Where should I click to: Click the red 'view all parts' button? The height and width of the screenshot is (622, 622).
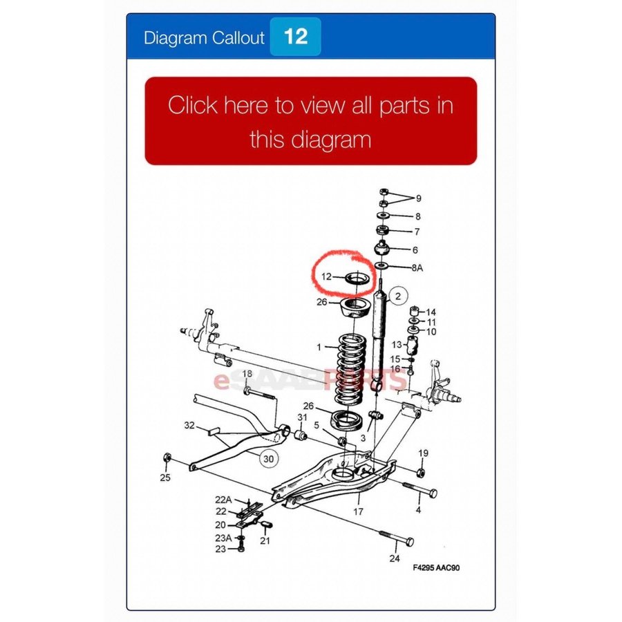pyautogui.click(x=310, y=121)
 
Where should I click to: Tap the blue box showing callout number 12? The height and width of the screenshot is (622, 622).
pyautogui.click(x=295, y=37)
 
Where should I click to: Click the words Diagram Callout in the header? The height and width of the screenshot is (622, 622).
pyautogui.click(x=204, y=38)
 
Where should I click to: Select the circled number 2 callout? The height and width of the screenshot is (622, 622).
pyautogui.click(x=398, y=296)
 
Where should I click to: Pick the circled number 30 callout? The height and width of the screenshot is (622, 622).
pyautogui.click(x=269, y=459)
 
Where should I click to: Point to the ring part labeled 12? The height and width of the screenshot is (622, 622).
pyautogui.click(x=358, y=279)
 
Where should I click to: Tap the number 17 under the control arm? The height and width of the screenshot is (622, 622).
pyautogui.click(x=358, y=511)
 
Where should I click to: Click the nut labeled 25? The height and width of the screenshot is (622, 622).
pyautogui.click(x=167, y=458)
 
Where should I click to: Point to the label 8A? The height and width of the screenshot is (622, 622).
pyautogui.click(x=417, y=267)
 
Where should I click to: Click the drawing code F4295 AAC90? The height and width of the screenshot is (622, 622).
pyautogui.click(x=436, y=567)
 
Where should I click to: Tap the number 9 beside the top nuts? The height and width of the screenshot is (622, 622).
pyautogui.click(x=418, y=198)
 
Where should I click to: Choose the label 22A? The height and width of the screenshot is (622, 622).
pyautogui.click(x=223, y=500)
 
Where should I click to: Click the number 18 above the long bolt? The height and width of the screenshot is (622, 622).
pyautogui.click(x=247, y=373)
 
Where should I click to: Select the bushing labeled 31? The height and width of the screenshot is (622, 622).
pyautogui.click(x=302, y=435)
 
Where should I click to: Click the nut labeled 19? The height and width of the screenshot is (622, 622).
pyautogui.click(x=422, y=472)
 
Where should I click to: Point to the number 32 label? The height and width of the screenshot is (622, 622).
pyautogui.click(x=189, y=425)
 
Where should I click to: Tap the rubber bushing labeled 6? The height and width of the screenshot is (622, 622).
pyautogui.click(x=382, y=248)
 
